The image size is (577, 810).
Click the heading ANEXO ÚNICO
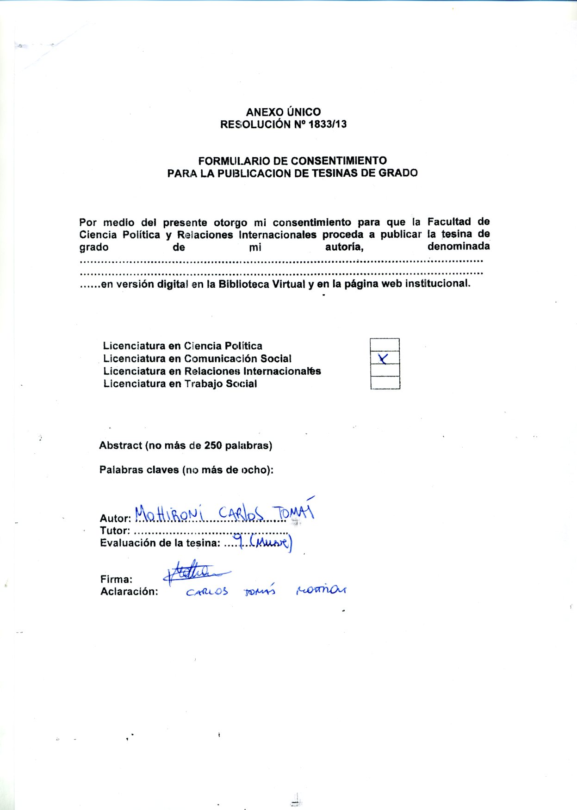pyautogui.click(x=283, y=112)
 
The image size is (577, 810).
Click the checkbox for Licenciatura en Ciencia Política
pyautogui.click(x=385, y=345)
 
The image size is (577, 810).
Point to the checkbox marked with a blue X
pyautogui.click(x=385, y=358)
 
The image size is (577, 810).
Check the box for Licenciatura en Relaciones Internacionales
pyautogui.click(x=385, y=371)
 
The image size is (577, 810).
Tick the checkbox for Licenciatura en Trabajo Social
pyautogui.click(x=385, y=383)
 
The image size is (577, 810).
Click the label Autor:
pyautogui.click(x=115, y=519)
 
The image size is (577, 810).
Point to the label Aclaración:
pyautogui.click(x=129, y=592)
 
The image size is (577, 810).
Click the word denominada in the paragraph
pyautogui.click(x=458, y=247)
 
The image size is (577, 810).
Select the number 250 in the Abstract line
pyautogui.click(x=213, y=446)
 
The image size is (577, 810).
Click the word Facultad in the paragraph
pyautogui.click(x=449, y=222)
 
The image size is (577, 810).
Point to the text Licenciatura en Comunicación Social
pyautogui.click(x=197, y=359)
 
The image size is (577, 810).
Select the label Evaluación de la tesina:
pyautogui.click(x=160, y=543)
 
